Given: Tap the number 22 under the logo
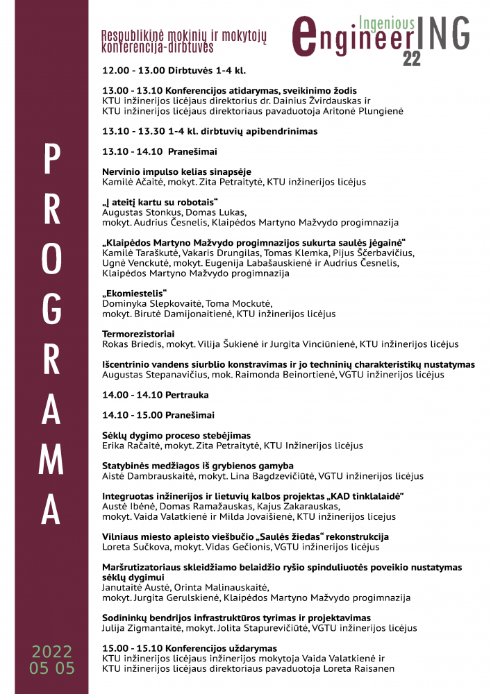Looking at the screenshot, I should click(411, 60).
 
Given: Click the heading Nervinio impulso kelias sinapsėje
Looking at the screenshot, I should click(176, 171).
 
